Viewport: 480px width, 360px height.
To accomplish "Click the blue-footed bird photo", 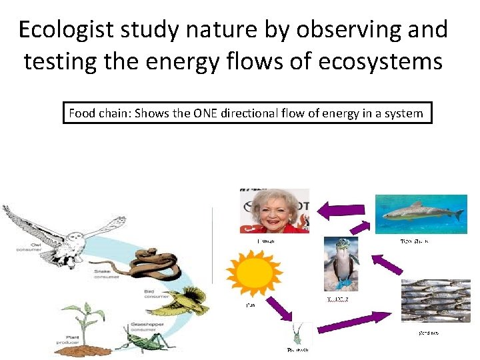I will point(341,266).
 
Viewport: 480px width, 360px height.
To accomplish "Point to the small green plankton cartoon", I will point(301,332).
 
